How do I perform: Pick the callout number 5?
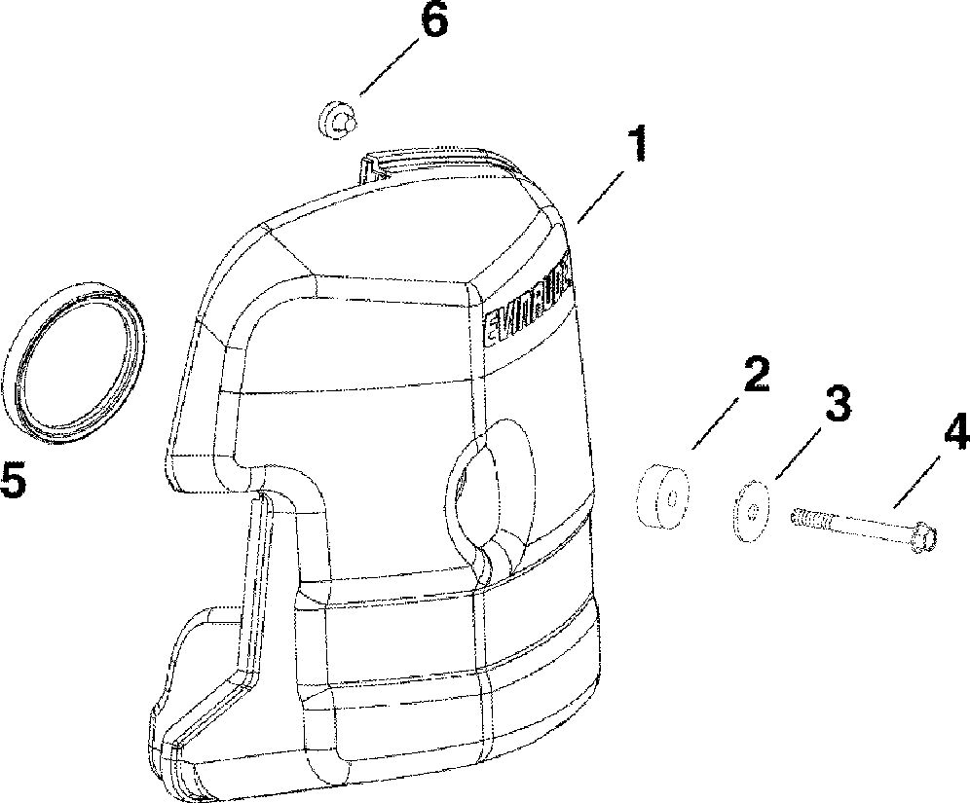click(x=15, y=480)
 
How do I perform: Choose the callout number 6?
click(x=432, y=21)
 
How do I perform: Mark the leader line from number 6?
click(x=390, y=67)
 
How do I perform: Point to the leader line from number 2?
click(x=721, y=419)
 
